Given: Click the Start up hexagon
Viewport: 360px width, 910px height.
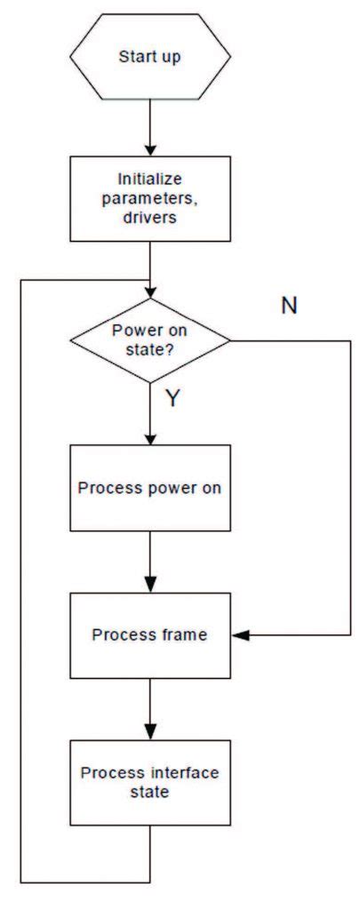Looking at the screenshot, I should point(149,56).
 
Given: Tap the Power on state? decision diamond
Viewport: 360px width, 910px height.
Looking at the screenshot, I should point(149,339).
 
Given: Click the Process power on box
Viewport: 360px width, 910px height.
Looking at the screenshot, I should point(149,488).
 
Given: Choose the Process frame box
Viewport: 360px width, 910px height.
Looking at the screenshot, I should point(149,635).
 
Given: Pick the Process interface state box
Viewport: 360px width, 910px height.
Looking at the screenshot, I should point(149,783).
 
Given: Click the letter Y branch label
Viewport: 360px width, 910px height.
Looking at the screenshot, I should point(172,399).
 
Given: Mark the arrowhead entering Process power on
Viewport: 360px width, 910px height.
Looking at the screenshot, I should point(149,438).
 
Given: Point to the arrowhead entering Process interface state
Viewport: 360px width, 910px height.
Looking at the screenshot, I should point(149,733).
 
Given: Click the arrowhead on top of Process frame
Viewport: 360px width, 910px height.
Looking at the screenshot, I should point(149,586).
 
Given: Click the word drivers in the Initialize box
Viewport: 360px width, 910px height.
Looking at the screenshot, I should point(149,218).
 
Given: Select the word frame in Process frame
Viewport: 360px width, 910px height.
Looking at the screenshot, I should point(179,635).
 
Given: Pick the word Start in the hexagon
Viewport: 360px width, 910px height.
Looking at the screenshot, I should point(134,56).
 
